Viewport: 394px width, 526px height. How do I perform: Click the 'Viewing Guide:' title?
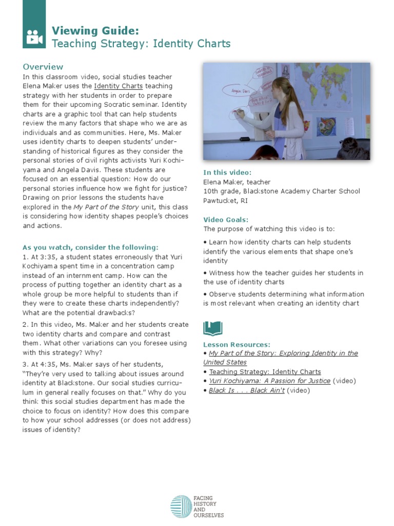(x=95, y=30)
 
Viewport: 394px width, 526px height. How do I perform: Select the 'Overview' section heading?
(x=43, y=67)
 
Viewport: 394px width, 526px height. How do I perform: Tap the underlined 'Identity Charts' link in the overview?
(x=119, y=86)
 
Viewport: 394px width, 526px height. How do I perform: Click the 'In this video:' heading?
(x=227, y=173)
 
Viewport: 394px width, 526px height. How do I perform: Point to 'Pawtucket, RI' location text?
(x=225, y=200)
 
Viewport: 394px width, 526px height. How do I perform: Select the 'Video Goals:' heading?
(x=226, y=219)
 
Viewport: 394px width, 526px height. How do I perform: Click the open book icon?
(x=213, y=328)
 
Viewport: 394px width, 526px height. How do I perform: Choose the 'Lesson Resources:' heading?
(x=237, y=344)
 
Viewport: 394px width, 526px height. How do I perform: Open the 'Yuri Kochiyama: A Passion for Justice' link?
(x=269, y=381)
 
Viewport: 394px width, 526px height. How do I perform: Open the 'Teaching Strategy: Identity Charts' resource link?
(x=265, y=372)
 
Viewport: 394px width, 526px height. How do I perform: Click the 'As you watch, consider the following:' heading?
(x=90, y=247)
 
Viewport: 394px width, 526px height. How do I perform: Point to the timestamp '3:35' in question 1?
(x=47, y=257)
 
